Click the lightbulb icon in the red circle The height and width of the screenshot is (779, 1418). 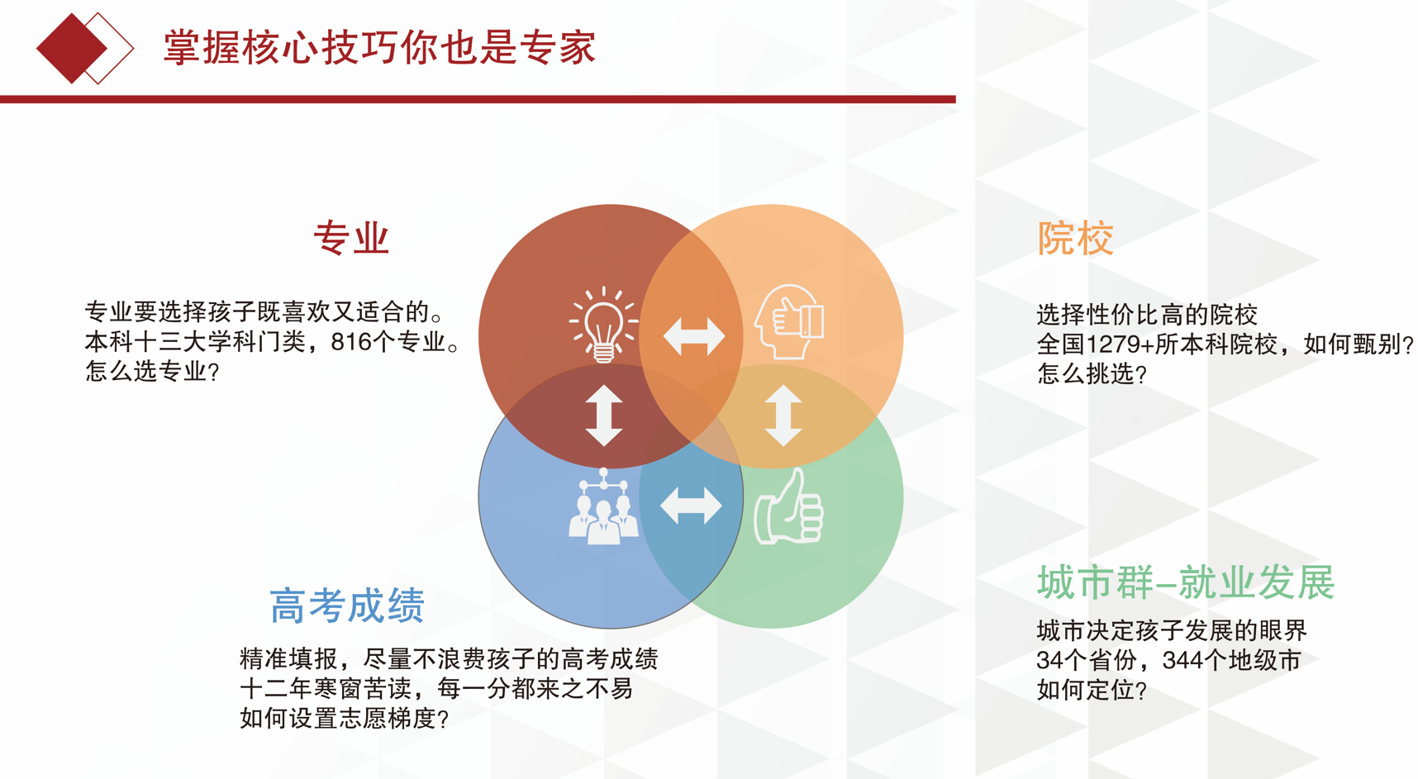point(603,325)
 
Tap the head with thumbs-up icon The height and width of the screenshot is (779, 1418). point(789,322)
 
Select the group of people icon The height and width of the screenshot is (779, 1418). point(603,506)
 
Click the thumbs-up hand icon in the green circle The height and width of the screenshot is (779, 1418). point(789,506)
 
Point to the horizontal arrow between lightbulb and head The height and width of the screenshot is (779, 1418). point(694,336)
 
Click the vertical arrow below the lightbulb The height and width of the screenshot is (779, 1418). point(604,416)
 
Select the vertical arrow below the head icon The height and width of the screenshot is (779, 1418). point(783,416)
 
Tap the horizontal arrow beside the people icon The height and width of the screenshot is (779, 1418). point(692,506)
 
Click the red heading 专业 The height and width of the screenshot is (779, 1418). point(351,238)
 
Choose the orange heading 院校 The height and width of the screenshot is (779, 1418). point(1075,238)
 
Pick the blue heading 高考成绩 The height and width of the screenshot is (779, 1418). point(347,606)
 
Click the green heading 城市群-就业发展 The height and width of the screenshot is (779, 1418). point(1186,582)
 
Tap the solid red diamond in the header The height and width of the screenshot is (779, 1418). point(72,49)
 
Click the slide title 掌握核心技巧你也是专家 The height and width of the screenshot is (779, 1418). point(379,47)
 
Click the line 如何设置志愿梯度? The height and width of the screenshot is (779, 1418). point(344,719)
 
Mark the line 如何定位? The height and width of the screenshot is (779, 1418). point(1092,691)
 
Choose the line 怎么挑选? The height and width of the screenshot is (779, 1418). point(1092,374)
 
